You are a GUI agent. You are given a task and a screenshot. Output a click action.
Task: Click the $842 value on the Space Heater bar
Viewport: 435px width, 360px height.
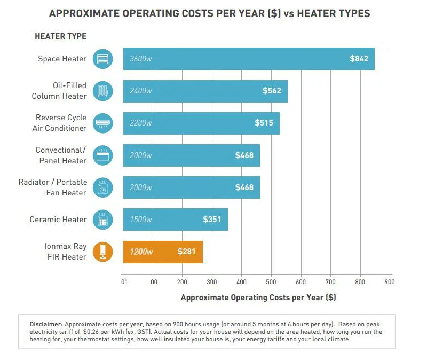[x=359, y=59]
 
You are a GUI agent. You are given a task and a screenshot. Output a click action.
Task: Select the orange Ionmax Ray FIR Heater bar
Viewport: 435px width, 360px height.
[x=163, y=252]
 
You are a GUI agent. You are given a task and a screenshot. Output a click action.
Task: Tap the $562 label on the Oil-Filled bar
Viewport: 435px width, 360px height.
[x=272, y=91]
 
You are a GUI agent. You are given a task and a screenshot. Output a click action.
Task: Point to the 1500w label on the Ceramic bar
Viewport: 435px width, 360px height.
[x=140, y=220]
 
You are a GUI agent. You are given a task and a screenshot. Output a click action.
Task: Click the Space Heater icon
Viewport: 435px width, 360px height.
[x=103, y=59]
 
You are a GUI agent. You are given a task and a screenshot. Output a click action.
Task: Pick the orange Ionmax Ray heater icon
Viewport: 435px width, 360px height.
[x=103, y=252]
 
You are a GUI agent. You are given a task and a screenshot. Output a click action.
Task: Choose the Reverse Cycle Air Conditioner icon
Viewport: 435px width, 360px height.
[x=103, y=123]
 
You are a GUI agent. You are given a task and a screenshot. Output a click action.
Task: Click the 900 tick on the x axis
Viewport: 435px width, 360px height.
[x=390, y=281]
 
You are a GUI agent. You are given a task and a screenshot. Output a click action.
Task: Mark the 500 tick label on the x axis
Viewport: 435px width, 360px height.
[x=271, y=281]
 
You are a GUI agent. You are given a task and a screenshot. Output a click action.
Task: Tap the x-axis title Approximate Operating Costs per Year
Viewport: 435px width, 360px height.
[x=258, y=298]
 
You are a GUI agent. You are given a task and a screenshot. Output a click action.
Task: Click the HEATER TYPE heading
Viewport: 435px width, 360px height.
[x=60, y=36]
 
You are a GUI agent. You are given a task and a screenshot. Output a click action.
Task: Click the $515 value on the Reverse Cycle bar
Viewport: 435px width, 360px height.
[x=264, y=123]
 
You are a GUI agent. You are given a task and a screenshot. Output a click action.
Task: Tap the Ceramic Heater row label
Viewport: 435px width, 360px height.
[x=58, y=220]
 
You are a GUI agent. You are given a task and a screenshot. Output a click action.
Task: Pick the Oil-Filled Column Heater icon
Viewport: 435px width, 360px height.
[x=103, y=91]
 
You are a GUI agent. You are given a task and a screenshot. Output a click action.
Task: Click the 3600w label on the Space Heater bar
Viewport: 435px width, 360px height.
[x=141, y=59]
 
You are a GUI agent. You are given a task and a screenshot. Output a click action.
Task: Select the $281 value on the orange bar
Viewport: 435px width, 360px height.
[x=187, y=252]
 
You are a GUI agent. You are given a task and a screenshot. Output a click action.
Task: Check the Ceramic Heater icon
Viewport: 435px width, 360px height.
[x=103, y=220]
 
